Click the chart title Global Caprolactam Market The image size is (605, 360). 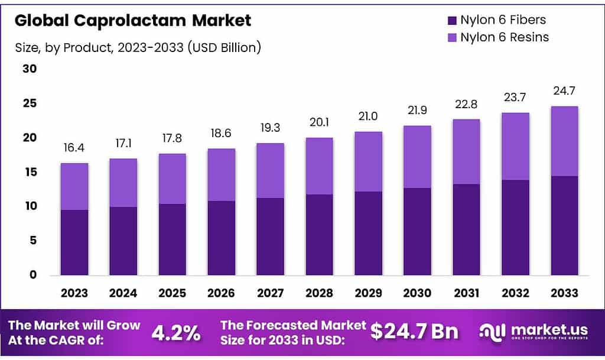click(x=133, y=20)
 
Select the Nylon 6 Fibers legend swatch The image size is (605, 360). click(x=452, y=20)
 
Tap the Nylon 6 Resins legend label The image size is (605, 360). click(x=505, y=37)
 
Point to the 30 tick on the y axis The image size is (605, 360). click(x=30, y=69)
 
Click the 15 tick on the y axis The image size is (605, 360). click(x=30, y=172)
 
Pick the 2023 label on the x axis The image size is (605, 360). click(x=74, y=293)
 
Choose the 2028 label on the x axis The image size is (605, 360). click(x=319, y=293)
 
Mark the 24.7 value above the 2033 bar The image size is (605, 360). click(x=564, y=90)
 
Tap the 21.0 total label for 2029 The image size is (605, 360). click(x=368, y=116)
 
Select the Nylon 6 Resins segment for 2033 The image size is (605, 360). click(x=564, y=141)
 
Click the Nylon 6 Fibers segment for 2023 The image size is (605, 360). click(x=74, y=242)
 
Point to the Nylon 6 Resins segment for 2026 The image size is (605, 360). click(x=221, y=174)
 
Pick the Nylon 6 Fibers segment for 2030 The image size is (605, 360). click(x=417, y=231)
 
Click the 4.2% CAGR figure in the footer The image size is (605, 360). click(x=176, y=333)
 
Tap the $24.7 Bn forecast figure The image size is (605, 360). click(x=414, y=332)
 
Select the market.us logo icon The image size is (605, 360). click(x=492, y=332)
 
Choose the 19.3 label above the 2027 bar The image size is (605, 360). click(x=270, y=128)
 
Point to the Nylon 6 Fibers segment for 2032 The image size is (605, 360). click(x=515, y=227)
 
